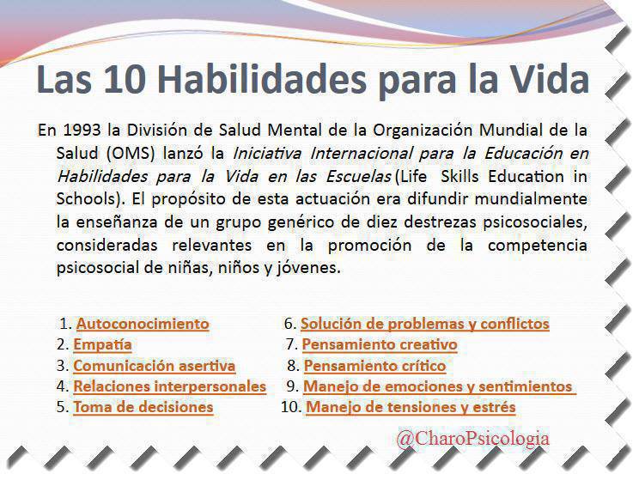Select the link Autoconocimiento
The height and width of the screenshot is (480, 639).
click(143, 325)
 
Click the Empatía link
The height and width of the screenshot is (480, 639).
click(102, 345)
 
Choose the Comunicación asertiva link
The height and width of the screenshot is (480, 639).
click(154, 366)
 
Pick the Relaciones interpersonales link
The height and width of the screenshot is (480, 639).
click(169, 386)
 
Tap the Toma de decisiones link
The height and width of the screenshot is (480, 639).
click(143, 407)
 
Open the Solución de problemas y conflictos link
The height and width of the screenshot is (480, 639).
click(424, 325)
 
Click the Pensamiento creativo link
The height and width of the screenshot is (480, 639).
click(380, 345)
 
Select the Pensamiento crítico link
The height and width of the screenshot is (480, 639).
click(374, 366)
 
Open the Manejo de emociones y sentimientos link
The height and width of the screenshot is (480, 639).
click(438, 386)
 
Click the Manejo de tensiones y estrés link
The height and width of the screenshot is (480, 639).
click(411, 407)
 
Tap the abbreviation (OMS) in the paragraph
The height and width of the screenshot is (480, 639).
click(131, 154)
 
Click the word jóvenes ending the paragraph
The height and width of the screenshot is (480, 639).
click(314, 267)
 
